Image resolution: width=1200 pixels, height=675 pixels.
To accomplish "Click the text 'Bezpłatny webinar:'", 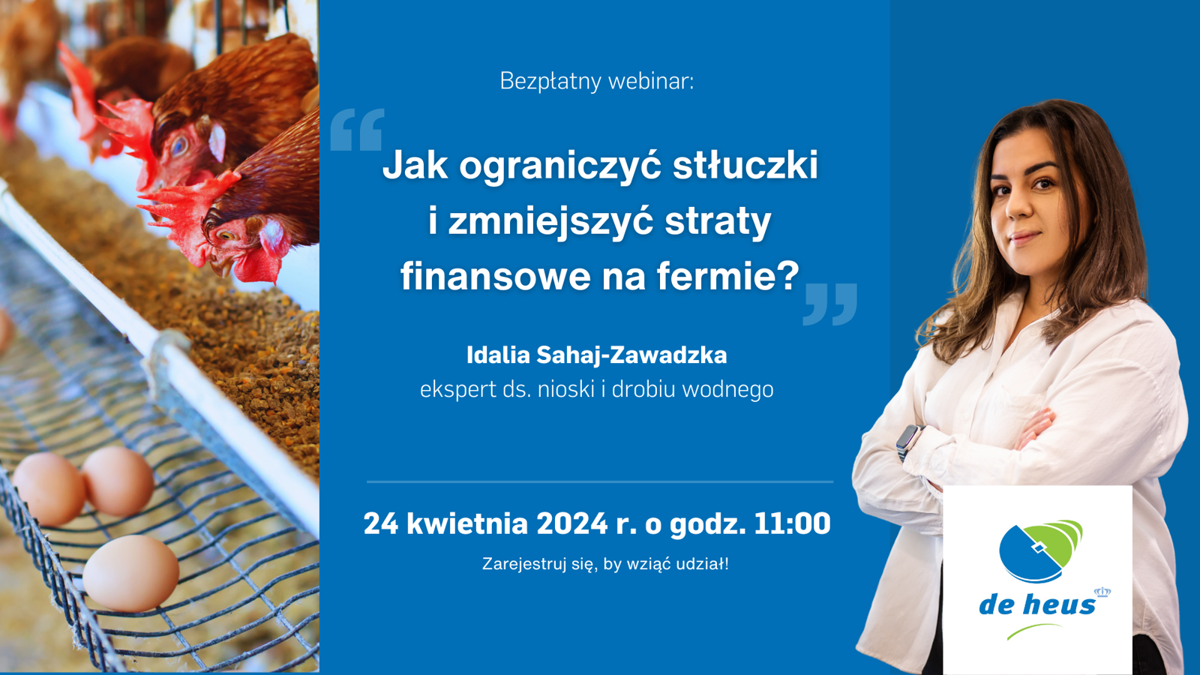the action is (597, 82).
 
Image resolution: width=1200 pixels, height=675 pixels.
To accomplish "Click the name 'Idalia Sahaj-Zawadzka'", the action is (597, 355).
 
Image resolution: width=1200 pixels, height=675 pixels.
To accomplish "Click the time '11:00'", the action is (792, 523).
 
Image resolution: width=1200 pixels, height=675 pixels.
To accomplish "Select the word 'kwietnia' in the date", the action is (467, 523).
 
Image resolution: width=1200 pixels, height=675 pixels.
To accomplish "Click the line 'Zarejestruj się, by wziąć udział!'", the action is (605, 564).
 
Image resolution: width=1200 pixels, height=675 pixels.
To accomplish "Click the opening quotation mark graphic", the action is (357, 129).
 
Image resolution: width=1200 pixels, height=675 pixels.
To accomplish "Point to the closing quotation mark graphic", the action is (829, 304).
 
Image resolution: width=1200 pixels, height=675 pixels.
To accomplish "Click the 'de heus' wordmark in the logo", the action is (1036, 604).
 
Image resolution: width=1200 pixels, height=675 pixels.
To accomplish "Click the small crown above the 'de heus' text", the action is (1102, 592).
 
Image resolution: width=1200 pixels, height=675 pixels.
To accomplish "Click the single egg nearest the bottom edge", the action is (130, 573).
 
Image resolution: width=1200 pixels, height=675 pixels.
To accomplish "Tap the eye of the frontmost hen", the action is (226, 235).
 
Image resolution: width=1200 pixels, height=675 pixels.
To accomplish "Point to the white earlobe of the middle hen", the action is (217, 142).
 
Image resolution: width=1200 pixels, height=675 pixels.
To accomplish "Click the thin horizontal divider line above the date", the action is (600, 482).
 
